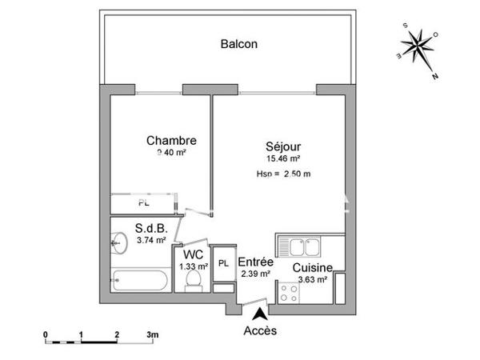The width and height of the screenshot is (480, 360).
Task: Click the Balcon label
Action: click(239, 44)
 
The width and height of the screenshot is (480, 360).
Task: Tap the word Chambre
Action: click(171, 141)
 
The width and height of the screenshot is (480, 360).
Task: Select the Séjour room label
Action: click(284, 147)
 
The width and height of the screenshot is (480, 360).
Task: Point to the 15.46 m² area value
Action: click(284, 159)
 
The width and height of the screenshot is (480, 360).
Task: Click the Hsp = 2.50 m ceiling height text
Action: click(284, 174)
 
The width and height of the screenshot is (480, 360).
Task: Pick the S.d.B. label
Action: click(151, 227)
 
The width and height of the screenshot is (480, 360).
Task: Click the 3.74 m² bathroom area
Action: click(151, 239)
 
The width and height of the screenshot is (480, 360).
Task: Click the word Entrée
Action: click(256, 262)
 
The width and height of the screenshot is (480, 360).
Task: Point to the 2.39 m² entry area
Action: click(256, 274)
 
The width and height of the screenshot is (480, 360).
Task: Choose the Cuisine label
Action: click(312, 267)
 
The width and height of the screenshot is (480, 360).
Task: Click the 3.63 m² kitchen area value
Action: click(312, 279)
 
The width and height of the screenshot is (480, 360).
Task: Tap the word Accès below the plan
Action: click(261, 331)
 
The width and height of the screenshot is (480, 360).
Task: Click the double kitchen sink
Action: click(301, 245)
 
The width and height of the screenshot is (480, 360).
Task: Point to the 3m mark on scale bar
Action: click(152, 334)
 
